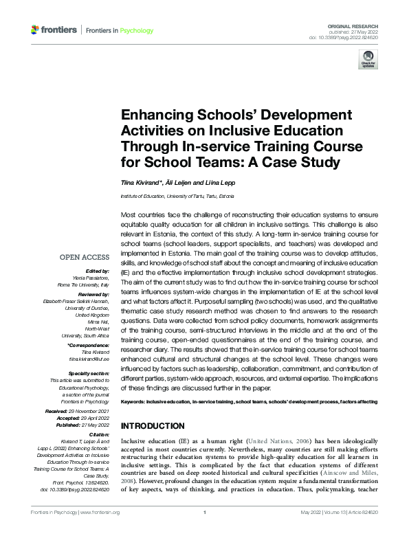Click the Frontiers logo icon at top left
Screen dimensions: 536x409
[x=35, y=30]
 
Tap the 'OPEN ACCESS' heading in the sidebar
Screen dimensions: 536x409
[x=85, y=258]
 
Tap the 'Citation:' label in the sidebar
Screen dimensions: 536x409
[x=98, y=434]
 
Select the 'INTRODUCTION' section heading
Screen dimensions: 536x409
[x=152, y=426]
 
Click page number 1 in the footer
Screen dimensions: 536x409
[x=205, y=513]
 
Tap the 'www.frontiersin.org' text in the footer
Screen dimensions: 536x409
[x=100, y=513]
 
